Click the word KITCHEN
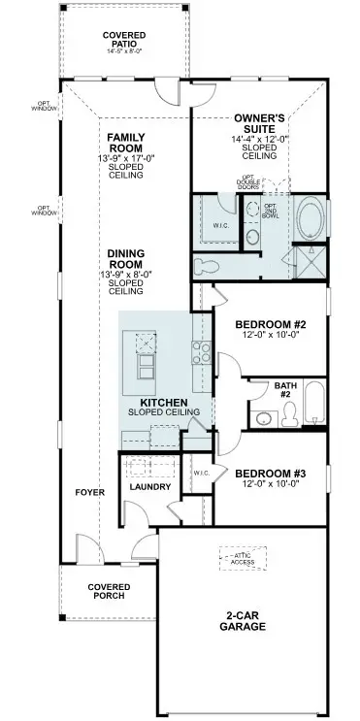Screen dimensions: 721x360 (x=163, y=402)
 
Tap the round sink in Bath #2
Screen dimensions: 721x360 (x=262, y=419)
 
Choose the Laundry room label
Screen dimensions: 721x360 (x=150, y=486)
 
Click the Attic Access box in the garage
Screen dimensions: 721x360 (x=242, y=558)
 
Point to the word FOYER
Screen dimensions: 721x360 (x=90, y=492)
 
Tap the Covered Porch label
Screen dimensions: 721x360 (x=109, y=592)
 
